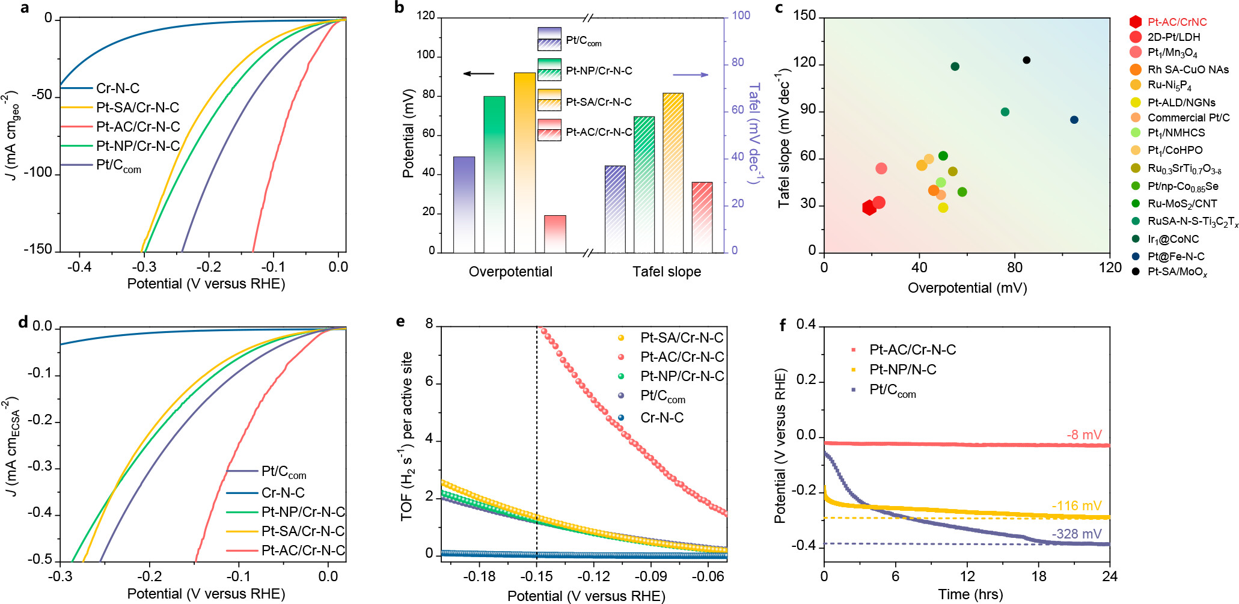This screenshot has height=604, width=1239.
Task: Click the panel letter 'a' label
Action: click(25, 8)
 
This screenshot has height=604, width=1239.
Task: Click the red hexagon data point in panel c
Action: click(869, 208)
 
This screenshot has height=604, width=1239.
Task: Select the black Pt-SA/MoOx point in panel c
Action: click(1026, 60)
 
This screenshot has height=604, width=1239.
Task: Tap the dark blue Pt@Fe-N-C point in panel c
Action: click(1074, 120)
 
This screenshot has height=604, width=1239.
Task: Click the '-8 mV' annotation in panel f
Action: click(1084, 435)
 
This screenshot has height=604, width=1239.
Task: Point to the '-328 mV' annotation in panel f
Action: click(1076, 534)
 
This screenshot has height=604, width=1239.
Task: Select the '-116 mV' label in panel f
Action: click(1076, 505)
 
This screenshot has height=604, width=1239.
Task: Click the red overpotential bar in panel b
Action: click(555, 234)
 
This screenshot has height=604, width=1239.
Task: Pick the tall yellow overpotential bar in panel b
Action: click(524, 162)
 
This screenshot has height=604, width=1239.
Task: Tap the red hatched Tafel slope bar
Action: click(702, 217)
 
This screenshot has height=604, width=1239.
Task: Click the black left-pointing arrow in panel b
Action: click(479, 74)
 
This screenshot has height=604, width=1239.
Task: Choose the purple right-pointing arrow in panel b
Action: click(690, 75)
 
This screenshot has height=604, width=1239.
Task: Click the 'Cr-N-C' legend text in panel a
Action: click(118, 88)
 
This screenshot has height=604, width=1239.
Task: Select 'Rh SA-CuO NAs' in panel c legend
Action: click(1188, 70)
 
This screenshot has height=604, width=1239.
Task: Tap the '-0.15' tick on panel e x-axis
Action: click(536, 577)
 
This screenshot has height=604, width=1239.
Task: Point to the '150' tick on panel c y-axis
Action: click(805, 16)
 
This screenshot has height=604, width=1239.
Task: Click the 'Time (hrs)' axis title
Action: click(970, 594)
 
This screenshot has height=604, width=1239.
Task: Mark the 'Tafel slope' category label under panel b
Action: click(667, 272)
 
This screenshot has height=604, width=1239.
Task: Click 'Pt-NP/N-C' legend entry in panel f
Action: click(902, 370)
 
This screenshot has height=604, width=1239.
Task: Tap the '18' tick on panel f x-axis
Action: click(1039, 576)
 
